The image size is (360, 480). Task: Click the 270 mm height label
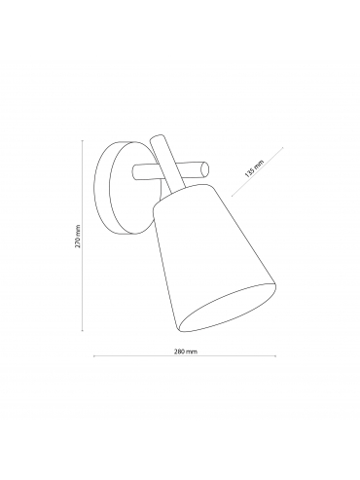tap(78, 236)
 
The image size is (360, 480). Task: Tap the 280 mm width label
tap(185, 351)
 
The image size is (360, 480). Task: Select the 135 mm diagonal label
tap(255, 168)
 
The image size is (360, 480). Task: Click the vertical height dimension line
tap(83, 236)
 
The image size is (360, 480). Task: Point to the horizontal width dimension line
tap(185, 356)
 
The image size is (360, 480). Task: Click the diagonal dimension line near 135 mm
tap(257, 171)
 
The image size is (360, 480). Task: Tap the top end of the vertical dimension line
tap(83, 140)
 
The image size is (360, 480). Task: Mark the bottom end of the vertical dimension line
tap(83, 331)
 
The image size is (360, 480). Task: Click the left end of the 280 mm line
tap(93, 356)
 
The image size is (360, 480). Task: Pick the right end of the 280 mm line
tap(275, 356)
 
